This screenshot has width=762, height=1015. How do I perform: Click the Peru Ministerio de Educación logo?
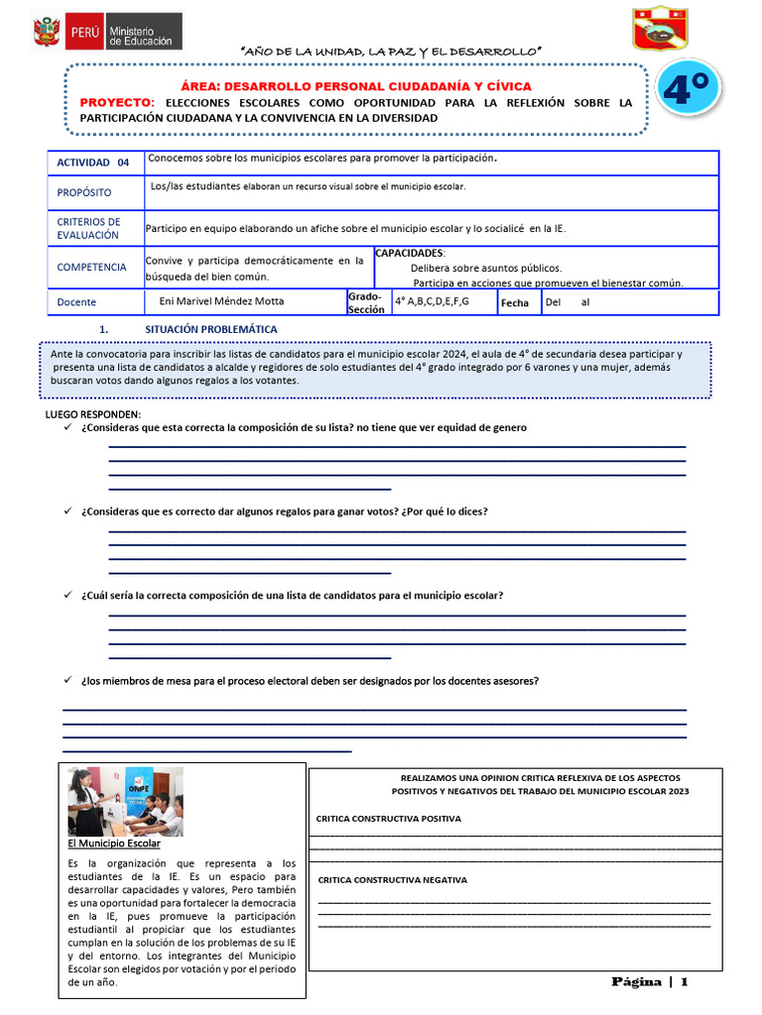click(107, 30)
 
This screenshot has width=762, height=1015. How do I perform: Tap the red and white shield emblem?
click(661, 27)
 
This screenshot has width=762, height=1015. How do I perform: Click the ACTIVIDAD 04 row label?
click(93, 163)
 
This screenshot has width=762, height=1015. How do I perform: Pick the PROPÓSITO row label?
click(84, 192)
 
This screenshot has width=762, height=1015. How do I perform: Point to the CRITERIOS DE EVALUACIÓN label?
click(88, 228)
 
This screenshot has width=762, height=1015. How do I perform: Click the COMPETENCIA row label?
click(91, 267)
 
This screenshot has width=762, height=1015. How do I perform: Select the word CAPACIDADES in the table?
click(410, 254)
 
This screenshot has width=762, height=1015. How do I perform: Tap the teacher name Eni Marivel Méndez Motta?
click(228, 301)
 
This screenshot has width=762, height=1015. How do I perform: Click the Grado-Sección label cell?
click(365, 302)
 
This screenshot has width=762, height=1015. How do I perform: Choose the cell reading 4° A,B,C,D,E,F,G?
click(432, 300)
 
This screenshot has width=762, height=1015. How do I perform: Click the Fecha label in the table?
click(515, 302)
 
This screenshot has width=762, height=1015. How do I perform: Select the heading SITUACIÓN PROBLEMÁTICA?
click(211, 329)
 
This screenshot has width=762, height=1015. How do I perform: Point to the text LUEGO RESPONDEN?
click(93, 413)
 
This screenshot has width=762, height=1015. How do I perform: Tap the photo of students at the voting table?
click(125, 801)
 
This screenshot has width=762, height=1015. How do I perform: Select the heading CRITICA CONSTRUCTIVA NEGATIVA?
click(392, 880)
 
